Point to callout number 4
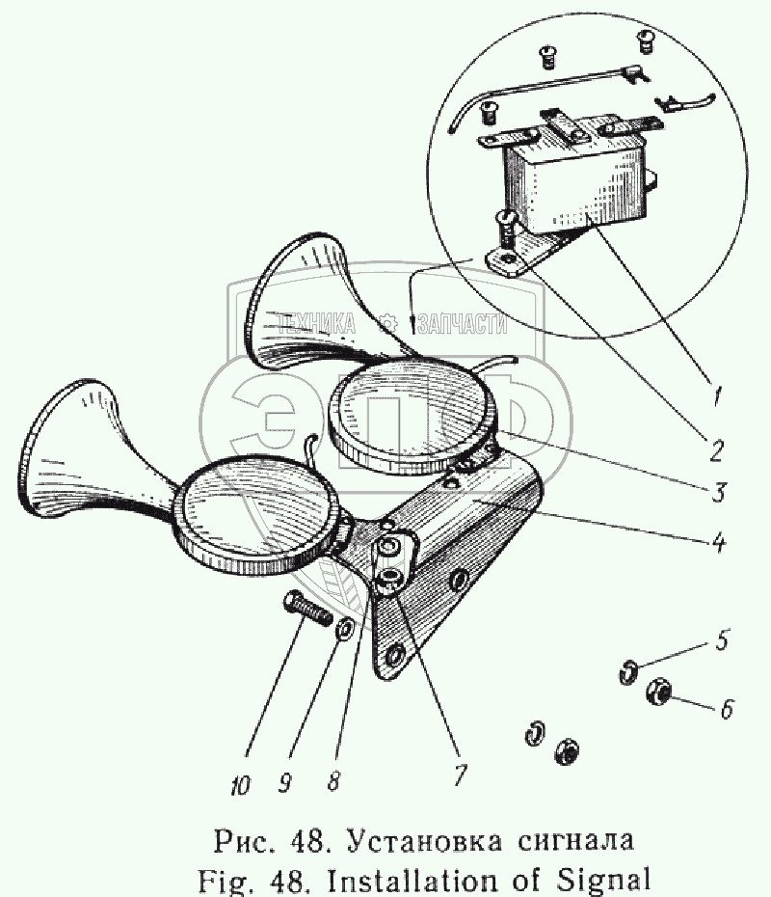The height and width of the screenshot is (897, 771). click(716, 540)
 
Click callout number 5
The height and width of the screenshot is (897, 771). click(721, 639)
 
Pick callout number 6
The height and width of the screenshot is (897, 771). click(725, 709)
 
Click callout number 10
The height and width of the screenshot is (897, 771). click(240, 786)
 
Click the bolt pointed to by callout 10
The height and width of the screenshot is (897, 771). click(305, 611)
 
